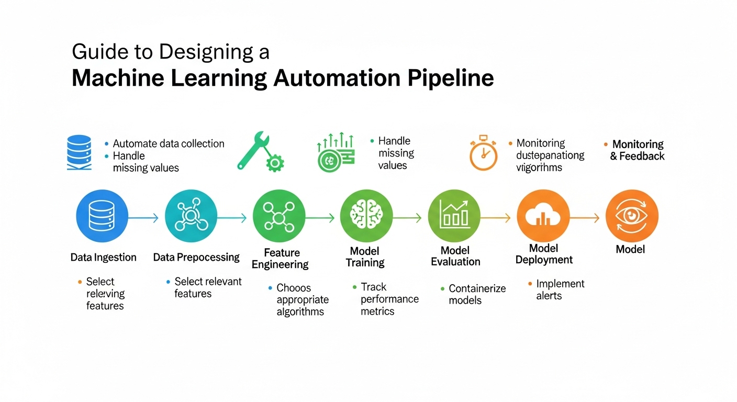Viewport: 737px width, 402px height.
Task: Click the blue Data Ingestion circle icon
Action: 102,216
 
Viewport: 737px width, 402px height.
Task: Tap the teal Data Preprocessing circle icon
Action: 191,216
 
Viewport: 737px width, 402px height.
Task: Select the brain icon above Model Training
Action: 366,216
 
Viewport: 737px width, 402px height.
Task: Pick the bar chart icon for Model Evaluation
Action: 454,216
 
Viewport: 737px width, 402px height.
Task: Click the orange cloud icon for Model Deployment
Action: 543,216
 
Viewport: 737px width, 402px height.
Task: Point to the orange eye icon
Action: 631,216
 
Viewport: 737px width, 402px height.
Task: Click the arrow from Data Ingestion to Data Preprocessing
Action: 143,218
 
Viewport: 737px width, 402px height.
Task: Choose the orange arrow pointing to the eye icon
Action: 584,218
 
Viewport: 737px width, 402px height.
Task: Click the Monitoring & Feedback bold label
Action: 637,150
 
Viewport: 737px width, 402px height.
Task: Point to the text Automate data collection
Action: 169,143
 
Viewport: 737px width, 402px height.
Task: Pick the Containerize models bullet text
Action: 477,294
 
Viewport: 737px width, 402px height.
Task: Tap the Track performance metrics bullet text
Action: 389,299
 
